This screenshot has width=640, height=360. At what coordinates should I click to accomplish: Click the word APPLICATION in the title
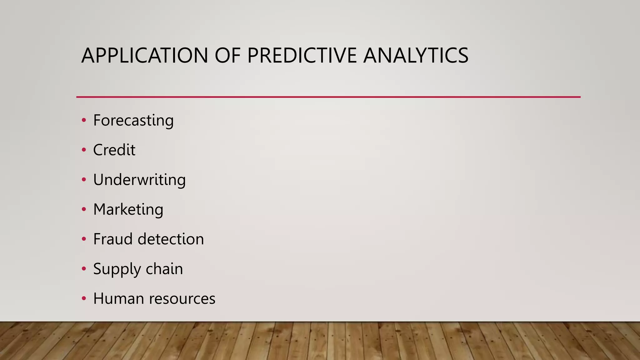click(x=144, y=55)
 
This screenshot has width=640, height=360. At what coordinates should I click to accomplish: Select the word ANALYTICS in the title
click(x=416, y=55)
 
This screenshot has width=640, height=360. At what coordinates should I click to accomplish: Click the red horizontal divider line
click(x=328, y=97)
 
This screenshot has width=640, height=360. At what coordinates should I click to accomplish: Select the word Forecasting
click(x=133, y=121)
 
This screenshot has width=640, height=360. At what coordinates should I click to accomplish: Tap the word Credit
click(x=114, y=150)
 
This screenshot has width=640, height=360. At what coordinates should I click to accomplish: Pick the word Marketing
click(x=128, y=209)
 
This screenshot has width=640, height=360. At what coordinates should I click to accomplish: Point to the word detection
click(x=171, y=239)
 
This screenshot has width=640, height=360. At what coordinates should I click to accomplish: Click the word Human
click(x=118, y=298)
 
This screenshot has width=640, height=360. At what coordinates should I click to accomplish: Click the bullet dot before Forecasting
click(x=84, y=120)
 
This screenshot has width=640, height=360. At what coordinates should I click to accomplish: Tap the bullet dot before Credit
click(x=84, y=150)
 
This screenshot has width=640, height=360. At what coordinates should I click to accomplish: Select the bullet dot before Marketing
click(x=84, y=209)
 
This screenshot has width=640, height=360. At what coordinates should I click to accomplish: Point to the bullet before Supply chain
click(x=84, y=269)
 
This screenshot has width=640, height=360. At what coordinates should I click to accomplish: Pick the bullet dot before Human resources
click(x=84, y=298)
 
